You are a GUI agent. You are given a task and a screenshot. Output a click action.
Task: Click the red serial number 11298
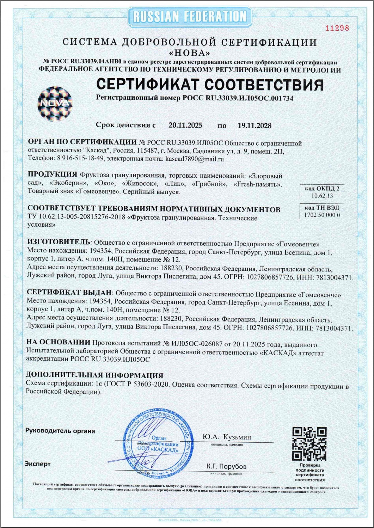tap(337, 28)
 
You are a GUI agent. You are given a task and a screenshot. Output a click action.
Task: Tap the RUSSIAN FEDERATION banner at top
tap(190, 17)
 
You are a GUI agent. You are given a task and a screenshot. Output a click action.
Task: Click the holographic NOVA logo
tap(55, 103)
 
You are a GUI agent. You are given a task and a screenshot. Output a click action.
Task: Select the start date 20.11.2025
tap(185, 125)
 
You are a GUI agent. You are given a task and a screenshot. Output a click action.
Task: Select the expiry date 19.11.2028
tap(254, 126)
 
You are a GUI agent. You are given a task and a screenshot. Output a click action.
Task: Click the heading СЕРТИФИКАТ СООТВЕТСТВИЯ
tap(210, 85)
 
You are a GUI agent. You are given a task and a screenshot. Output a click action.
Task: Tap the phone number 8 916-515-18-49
tap(80, 159)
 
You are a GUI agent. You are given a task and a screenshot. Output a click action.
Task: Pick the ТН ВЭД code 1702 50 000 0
tap(322, 215)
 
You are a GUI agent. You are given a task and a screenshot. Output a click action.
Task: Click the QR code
tap(309, 443)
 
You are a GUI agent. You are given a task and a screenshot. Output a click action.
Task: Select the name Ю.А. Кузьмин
tap(227, 437)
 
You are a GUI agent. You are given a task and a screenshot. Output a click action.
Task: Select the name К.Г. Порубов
tap(227, 466)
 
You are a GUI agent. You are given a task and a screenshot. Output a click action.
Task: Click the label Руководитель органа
tap(60, 431)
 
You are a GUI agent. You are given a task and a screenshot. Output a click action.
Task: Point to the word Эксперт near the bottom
tap(38, 464)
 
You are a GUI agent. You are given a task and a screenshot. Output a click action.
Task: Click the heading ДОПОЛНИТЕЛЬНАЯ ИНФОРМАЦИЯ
tap(94, 375)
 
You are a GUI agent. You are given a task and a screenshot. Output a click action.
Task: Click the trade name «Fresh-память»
tap(257, 184)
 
